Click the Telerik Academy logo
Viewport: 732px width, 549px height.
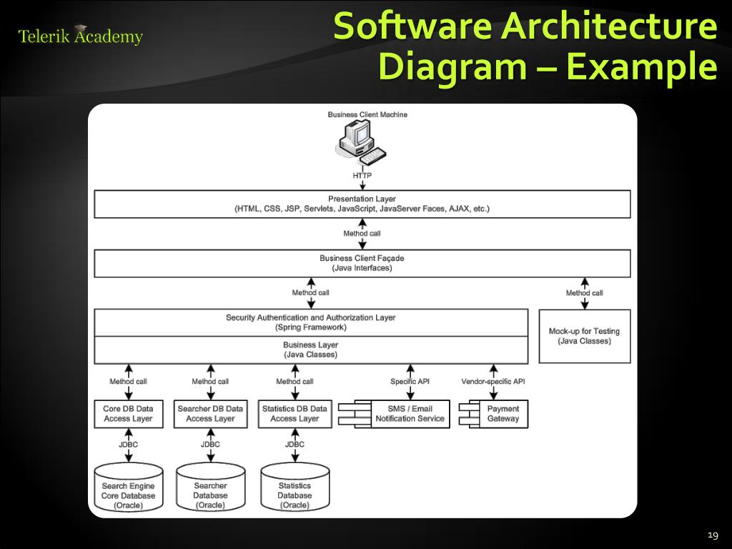pyautogui.click(x=80, y=36)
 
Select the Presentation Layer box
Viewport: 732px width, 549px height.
pyautogui.click(x=362, y=204)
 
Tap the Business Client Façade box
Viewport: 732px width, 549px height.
pyautogui.click(x=362, y=263)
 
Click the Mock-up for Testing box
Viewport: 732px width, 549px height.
pyautogui.click(x=584, y=336)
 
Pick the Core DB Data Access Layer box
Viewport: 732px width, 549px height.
pyautogui.click(x=128, y=414)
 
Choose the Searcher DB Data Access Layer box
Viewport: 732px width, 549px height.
pyautogui.click(x=210, y=414)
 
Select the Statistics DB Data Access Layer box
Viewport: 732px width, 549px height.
pyautogui.click(x=295, y=414)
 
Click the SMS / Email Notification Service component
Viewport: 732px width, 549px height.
pyautogui.click(x=409, y=414)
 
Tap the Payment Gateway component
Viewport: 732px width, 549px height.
pyautogui.click(x=503, y=414)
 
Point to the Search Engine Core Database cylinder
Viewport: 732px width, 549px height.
pyautogui.click(x=128, y=490)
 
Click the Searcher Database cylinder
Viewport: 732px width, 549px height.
pyautogui.click(x=210, y=490)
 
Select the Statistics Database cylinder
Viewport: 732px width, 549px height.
pyautogui.click(x=295, y=490)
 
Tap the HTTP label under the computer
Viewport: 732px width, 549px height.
pyautogui.click(x=362, y=175)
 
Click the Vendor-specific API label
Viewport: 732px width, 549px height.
pyautogui.click(x=493, y=382)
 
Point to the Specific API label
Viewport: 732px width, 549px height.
pyautogui.click(x=410, y=382)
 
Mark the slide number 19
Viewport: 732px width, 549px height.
pyautogui.click(x=712, y=535)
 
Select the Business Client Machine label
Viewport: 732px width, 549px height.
pyautogui.click(x=367, y=114)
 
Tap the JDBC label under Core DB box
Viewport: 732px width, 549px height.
pyautogui.click(x=128, y=445)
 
